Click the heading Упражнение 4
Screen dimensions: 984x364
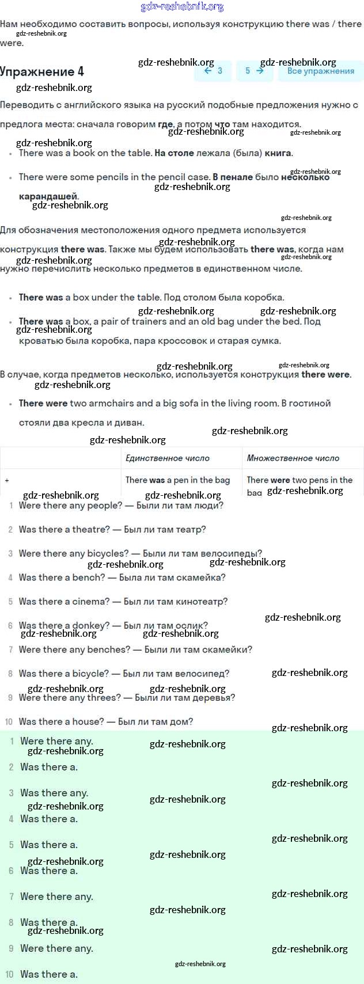[42, 71]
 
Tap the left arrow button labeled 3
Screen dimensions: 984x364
[213, 71]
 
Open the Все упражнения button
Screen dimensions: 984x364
[320, 71]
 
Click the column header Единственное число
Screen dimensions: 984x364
[167, 458]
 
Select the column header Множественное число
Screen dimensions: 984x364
[293, 458]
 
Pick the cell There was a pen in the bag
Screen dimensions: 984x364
[177, 480]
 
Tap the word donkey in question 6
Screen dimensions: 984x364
[90, 625]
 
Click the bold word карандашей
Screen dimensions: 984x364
[48, 196]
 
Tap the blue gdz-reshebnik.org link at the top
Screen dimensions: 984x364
[182, 7]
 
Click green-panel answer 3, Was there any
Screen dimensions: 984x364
[54, 793]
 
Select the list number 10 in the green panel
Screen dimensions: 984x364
[9, 974]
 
